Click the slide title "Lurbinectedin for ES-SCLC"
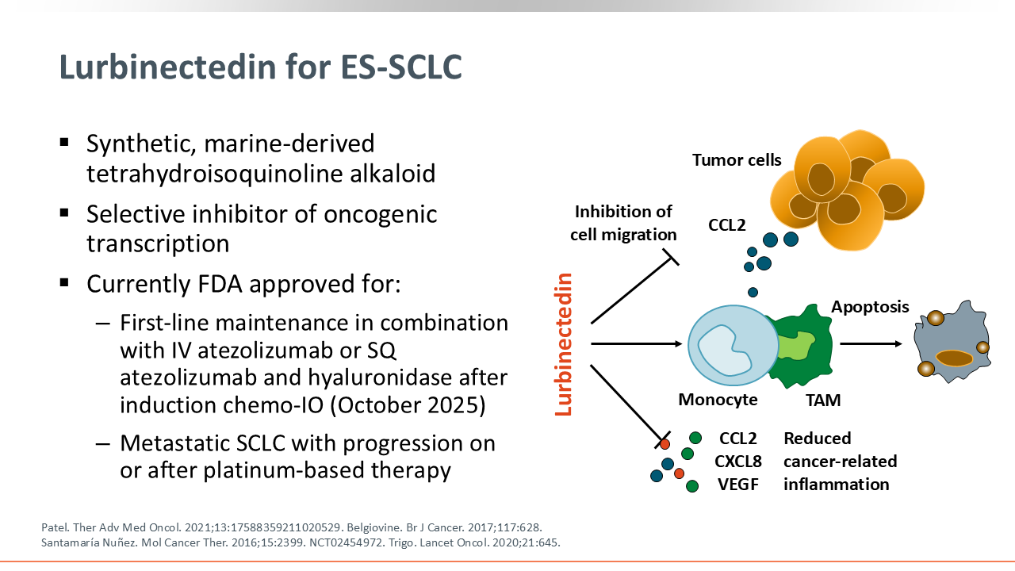pyautogui.click(x=261, y=68)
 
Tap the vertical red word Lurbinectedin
pyautogui.click(x=563, y=344)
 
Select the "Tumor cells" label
pyautogui.click(x=737, y=160)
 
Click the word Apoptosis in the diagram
pyautogui.click(x=870, y=307)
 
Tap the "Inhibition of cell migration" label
pyautogui.click(x=625, y=223)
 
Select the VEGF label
pyautogui.click(x=738, y=484)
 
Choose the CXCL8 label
pyautogui.click(x=738, y=461)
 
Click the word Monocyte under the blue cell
pyautogui.click(x=718, y=400)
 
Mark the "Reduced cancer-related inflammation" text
pyautogui.click(x=840, y=461)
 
